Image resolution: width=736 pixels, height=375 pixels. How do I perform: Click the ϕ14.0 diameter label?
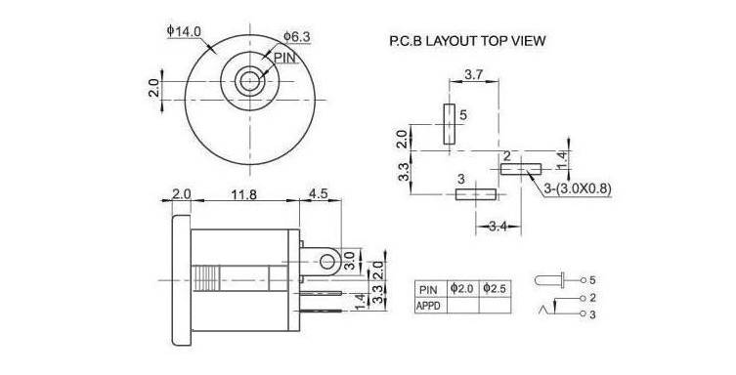point(184,31)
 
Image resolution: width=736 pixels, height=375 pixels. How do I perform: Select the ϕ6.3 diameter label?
point(297,36)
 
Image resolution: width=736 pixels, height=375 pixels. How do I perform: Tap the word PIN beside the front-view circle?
point(284,58)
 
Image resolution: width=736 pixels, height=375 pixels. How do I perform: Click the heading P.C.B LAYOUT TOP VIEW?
point(467,41)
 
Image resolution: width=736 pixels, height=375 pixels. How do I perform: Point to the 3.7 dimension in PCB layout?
point(474,74)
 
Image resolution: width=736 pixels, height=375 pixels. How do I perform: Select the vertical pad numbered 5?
point(450,124)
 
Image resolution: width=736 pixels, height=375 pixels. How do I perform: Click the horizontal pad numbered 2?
point(521,169)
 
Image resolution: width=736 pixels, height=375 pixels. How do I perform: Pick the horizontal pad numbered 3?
point(475,194)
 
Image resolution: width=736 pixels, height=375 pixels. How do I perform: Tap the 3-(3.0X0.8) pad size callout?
point(578,188)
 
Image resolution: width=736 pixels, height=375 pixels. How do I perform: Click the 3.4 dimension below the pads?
point(498,227)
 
